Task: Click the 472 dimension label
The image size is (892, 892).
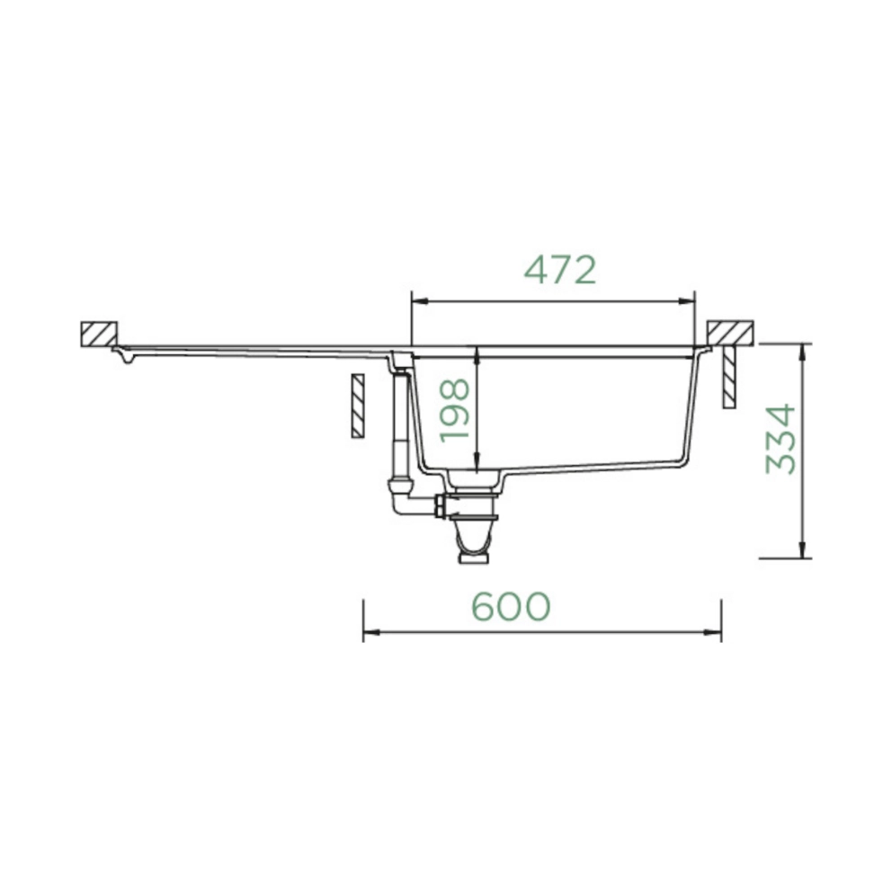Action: click(x=560, y=271)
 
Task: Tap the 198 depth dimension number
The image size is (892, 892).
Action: click(x=455, y=410)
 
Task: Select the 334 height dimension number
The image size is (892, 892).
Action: click(x=780, y=439)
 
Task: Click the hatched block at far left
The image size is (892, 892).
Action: click(x=99, y=334)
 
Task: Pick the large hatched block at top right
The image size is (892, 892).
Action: click(x=730, y=333)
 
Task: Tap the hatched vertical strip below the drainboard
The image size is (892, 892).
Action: click(x=357, y=406)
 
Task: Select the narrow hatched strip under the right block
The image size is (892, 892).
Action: click(x=729, y=376)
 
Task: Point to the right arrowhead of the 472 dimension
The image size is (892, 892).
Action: click(x=687, y=301)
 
